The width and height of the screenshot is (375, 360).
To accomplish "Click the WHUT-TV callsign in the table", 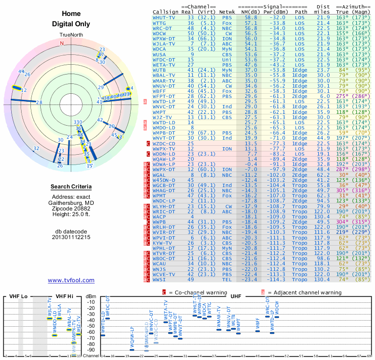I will pyautogui.click(x=164, y=17).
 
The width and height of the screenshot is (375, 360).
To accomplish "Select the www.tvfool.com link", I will pyautogui.click(x=71, y=280).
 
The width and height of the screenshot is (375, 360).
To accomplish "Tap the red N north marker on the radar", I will pyautogui.click(x=61, y=43).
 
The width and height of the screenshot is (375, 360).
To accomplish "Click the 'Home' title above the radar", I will pyautogui.click(x=71, y=14).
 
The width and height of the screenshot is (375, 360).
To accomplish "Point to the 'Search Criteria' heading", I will pyautogui.click(x=71, y=187).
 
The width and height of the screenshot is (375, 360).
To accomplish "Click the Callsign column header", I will pyautogui.click(x=165, y=12).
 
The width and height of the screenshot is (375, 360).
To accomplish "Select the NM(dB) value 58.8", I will pyautogui.click(x=250, y=17).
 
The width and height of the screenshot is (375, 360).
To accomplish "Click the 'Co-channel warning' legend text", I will pyautogui.click(x=194, y=292).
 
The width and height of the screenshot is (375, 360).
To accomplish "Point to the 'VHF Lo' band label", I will pyautogui.click(x=18, y=297).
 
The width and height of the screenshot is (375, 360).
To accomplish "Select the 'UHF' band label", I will pyautogui.click(x=236, y=297).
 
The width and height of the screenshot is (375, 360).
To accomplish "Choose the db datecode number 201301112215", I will pyautogui.click(x=71, y=237).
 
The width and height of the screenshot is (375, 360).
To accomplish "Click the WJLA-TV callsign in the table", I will pyautogui.click(x=164, y=44).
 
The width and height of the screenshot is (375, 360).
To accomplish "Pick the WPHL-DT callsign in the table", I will pyautogui.click(x=164, y=248).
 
